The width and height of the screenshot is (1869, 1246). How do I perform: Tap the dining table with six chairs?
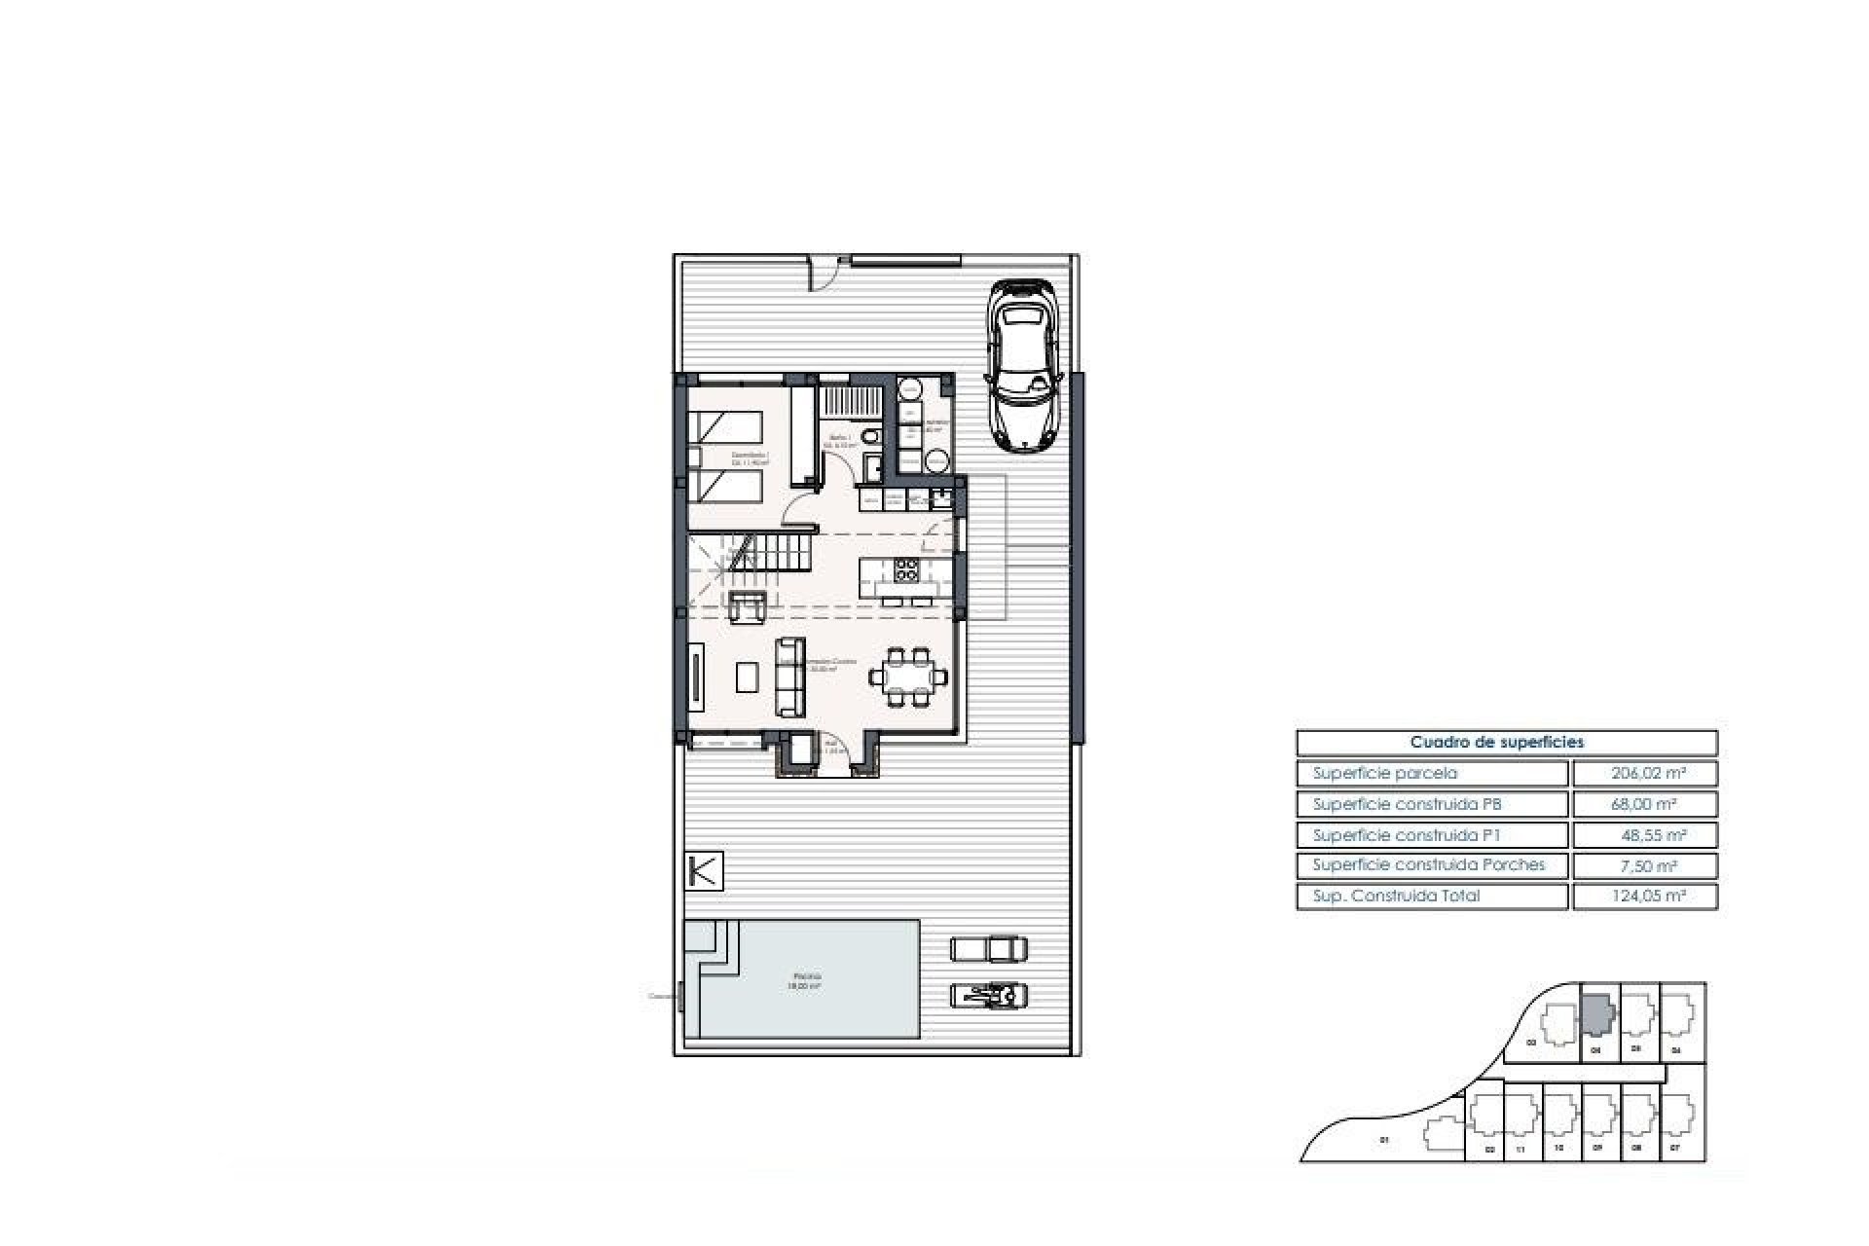pyautogui.click(x=907, y=676)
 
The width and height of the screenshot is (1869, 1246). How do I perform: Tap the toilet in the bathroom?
pyautogui.click(x=872, y=437)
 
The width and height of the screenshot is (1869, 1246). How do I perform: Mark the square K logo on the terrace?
pyautogui.click(x=704, y=871)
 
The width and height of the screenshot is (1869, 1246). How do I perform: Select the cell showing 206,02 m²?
pyautogui.click(x=1644, y=774)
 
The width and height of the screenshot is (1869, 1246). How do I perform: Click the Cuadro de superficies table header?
pyautogui.click(x=1506, y=743)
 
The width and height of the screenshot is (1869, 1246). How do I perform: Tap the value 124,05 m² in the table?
pyautogui.click(x=1644, y=897)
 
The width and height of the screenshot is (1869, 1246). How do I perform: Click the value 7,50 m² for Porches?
pyautogui.click(x=1644, y=865)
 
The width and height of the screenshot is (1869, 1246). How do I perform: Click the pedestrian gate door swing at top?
pyautogui.click(x=825, y=275)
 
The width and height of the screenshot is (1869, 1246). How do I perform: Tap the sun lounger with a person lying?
pyautogui.click(x=989, y=995)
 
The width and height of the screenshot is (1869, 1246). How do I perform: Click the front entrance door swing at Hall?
pyautogui.click(x=839, y=751)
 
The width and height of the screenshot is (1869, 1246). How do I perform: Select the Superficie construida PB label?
pyautogui.click(x=1408, y=805)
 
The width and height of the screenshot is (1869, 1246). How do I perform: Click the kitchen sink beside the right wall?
pyautogui.click(x=938, y=500)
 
